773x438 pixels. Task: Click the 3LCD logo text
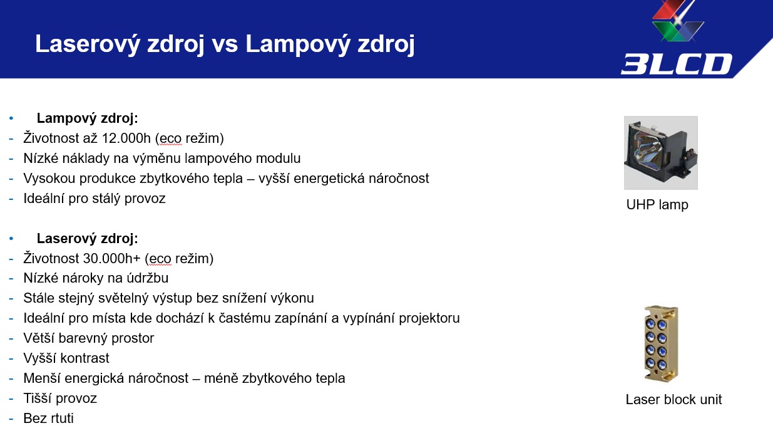coord(677,64)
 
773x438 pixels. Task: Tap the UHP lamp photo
coord(660,153)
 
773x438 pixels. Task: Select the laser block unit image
coord(661,344)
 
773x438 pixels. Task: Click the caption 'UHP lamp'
coord(657,204)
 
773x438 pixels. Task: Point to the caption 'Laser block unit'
coord(673,399)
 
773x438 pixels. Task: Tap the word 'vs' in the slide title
coord(225,44)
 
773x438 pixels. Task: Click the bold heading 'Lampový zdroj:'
coord(87,118)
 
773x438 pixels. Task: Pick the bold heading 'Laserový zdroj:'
coord(87,238)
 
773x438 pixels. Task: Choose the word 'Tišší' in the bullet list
coord(37,399)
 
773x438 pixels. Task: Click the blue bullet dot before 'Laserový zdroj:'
coord(11,238)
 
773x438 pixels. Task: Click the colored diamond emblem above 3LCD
coord(678,21)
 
